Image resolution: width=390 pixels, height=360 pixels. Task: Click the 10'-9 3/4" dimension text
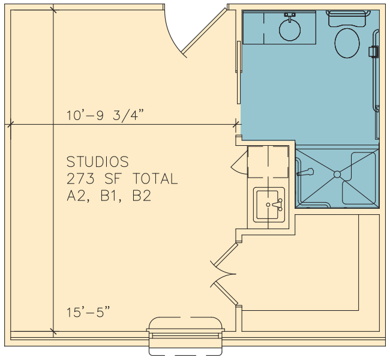click(105, 115)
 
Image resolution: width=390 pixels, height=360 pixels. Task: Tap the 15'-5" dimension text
click(88, 312)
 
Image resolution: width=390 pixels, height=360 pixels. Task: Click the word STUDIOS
click(97, 162)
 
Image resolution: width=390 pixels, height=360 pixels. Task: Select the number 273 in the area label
click(80, 179)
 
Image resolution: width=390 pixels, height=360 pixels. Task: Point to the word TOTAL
click(155, 179)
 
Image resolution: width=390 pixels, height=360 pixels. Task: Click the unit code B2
click(142, 196)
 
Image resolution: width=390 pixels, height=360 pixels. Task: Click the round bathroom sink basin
click(290, 30)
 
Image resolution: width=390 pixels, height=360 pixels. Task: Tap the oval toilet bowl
click(347, 43)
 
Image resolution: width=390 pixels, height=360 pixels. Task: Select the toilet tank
click(347, 19)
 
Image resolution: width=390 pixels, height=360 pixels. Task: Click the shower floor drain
click(337, 175)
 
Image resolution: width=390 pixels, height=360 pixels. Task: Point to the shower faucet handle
click(305, 172)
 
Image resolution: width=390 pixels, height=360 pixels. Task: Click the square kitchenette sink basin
click(269, 205)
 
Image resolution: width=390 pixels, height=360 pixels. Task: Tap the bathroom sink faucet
click(290, 16)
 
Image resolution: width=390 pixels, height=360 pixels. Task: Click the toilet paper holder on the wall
click(374, 52)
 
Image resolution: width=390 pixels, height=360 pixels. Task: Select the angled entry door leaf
click(204, 31)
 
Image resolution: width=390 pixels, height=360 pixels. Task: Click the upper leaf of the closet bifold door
click(226, 254)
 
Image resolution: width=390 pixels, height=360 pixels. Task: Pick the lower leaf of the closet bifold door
click(226, 293)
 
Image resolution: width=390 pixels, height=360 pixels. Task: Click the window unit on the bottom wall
click(185, 336)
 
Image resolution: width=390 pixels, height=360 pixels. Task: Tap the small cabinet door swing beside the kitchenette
click(239, 163)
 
